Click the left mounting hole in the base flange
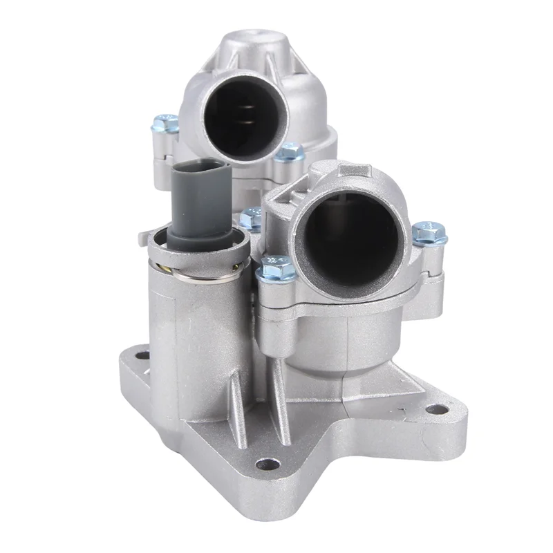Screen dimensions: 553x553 tap(142, 357)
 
